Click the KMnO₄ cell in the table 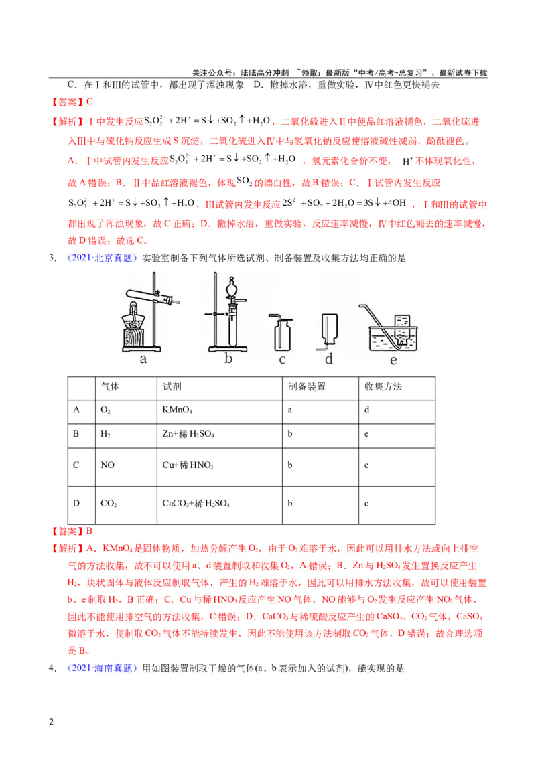[177, 410]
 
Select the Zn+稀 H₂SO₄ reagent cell [188, 434]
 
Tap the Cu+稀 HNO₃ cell [188, 465]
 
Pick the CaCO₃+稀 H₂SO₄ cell [196, 504]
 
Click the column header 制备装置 [307, 386]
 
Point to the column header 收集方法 [383, 386]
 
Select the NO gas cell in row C [107, 465]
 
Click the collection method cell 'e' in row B [366, 434]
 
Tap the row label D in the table [76, 504]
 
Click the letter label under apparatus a [143, 359]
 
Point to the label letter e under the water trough [393, 360]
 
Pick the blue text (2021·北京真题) [102, 258]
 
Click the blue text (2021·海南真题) [102, 668]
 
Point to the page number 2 [52, 723]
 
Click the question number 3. [53, 258]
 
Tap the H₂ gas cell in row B [105, 434]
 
